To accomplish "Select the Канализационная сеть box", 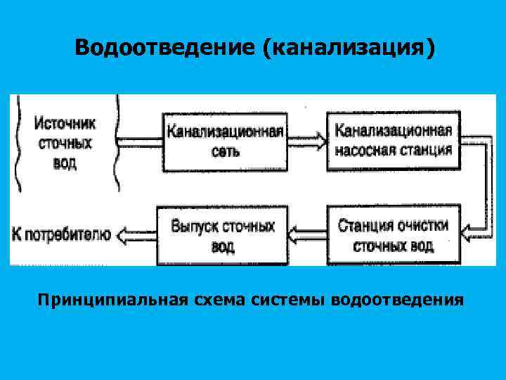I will pyautogui.click(x=225, y=141).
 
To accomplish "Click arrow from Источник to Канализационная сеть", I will pyautogui.click(x=139, y=141).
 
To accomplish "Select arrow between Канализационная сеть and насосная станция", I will pyautogui.click(x=308, y=141).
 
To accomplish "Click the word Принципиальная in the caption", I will pyautogui.click(x=111, y=300).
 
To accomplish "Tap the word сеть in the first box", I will pyautogui.click(x=225, y=151).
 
